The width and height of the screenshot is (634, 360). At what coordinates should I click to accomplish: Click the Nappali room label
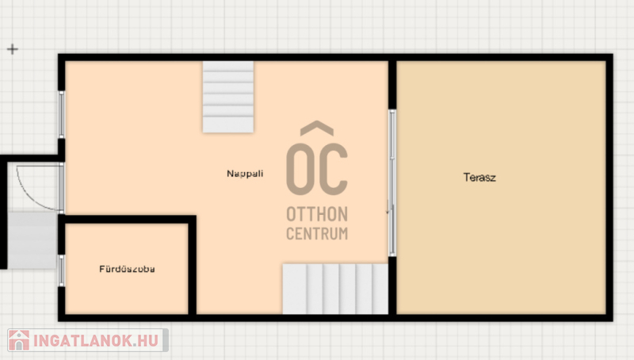pos(245,174)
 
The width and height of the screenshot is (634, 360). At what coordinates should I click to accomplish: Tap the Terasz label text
pos(479,177)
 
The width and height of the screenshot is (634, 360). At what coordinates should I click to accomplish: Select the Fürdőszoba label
pos(127,269)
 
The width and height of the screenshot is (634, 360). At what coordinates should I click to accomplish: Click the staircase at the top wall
pos(228,97)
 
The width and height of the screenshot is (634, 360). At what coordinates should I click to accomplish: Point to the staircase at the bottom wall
pos(335,289)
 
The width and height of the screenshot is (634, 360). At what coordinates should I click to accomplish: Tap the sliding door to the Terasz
pos(391,183)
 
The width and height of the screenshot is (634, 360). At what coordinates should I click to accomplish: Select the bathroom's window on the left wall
pos(62,270)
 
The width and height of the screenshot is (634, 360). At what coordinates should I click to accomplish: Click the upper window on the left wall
pos(62,114)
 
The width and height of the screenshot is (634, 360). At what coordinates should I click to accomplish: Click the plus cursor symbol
pos(13,49)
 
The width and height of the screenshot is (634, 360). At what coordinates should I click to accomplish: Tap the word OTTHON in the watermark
pos(317,214)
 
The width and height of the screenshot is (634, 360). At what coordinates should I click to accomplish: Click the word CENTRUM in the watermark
pos(317,233)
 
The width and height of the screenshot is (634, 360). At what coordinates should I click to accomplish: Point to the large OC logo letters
pos(317,169)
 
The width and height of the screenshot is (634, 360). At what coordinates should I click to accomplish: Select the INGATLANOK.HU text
pos(96,341)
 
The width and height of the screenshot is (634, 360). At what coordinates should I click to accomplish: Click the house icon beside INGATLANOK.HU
pos(19,340)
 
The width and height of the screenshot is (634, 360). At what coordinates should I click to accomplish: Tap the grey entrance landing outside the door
pos(32,240)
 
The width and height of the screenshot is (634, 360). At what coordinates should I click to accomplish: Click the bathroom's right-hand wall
pos(193,266)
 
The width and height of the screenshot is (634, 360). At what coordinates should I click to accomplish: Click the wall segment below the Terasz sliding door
pos(392,287)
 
